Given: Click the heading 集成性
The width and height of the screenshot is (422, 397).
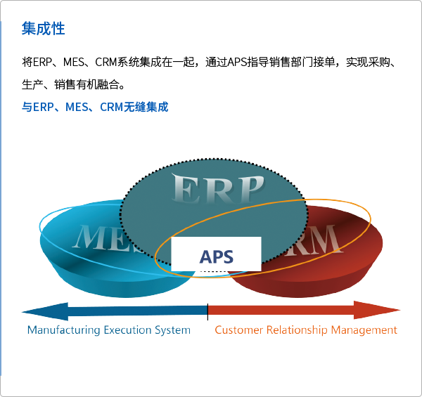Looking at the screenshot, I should click(43, 29).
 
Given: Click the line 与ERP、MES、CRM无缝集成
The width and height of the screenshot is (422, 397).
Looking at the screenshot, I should click(95, 107).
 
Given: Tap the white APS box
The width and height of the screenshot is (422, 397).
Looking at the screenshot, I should click(217, 254).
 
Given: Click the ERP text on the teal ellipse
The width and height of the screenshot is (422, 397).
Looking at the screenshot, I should click(218, 190).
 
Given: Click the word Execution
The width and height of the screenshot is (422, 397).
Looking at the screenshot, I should click(128, 330).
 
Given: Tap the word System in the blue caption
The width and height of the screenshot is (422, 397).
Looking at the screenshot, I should click(172, 330).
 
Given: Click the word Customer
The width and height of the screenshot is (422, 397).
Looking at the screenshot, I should click(238, 330).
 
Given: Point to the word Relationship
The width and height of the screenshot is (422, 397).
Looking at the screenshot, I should click(295, 330).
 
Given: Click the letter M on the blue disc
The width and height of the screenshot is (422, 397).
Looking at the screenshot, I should click(88, 237).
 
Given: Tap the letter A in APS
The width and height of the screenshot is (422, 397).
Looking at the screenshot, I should click(205, 256).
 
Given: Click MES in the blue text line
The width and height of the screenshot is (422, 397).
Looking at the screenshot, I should click(76, 107).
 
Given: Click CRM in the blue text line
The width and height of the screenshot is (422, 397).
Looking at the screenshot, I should click(111, 107).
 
